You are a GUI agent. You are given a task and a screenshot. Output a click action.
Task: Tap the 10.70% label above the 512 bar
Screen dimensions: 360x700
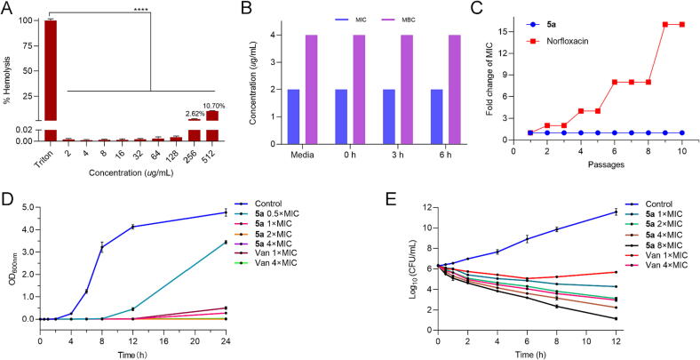213,105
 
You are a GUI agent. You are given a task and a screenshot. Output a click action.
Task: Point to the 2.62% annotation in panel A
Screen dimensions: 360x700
195,114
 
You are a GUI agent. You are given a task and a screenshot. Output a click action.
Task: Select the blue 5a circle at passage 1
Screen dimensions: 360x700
530,132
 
